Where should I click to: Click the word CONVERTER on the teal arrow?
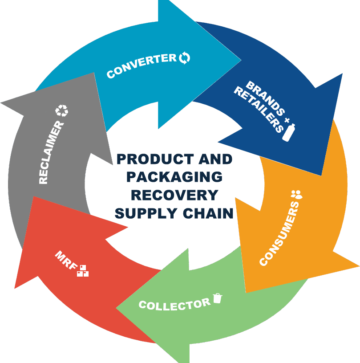(142, 65)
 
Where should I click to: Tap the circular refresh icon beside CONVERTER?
(184, 57)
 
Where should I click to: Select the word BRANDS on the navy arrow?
(265, 98)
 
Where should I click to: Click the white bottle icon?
(289, 132)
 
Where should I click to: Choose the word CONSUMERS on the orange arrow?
(279, 233)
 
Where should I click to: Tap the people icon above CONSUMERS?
(297, 195)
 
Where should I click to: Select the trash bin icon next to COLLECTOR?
(217, 298)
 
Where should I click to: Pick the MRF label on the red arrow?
(66, 260)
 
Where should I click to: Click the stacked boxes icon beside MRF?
(83, 271)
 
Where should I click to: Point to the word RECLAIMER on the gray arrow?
(51, 152)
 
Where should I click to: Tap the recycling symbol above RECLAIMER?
(62, 110)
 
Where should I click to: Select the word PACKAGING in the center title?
(174, 177)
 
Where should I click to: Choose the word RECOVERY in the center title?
(174, 195)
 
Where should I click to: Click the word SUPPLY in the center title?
(146, 213)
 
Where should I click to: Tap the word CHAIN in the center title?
(208, 213)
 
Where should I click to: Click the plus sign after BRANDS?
(287, 120)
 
